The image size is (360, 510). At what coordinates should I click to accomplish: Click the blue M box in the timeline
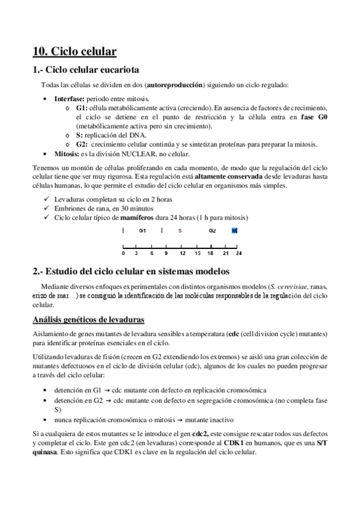point(234,230)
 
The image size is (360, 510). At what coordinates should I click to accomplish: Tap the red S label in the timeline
point(180,230)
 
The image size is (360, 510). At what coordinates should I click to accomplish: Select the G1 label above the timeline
point(142,230)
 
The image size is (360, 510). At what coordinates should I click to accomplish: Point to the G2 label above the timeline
point(212,230)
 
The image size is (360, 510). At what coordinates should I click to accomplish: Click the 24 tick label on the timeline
point(239,253)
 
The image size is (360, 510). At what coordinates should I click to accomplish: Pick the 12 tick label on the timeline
point(182,253)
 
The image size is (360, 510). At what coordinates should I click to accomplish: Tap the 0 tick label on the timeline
point(123,253)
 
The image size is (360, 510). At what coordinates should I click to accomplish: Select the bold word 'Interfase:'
point(70,99)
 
